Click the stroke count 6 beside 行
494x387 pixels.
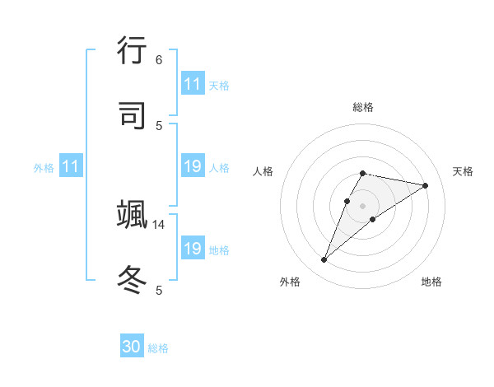click(159, 59)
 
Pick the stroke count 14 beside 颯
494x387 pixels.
click(159, 224)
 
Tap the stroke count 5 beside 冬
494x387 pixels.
click(159, 290)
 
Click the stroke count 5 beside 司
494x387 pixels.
click(159, 125)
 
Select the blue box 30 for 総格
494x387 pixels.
click(132, 347)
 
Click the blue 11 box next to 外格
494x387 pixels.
click(71, 167)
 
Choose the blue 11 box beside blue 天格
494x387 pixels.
click(193, 84)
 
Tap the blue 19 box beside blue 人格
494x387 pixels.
click(193, 167)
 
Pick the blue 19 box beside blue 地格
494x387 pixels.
click(193, 249)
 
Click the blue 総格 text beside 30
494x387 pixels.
click(158, 348)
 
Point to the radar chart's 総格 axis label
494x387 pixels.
click(363, 107)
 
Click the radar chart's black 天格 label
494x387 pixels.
click(463, 171)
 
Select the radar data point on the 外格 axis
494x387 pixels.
click(324, 260)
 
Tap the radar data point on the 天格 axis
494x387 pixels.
click(426, 185)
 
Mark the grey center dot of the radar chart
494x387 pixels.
click(363, 206)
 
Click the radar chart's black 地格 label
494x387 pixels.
click(431, 282)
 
